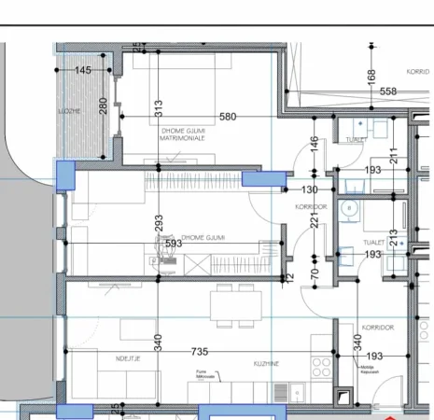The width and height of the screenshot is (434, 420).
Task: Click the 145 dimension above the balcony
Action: click(x=83, y=71)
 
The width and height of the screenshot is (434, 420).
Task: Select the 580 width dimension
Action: click(x=228, y=117)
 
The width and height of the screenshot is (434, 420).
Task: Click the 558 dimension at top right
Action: click(x=388, y=91)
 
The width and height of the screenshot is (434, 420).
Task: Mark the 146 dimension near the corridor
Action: click(x=315, y=144)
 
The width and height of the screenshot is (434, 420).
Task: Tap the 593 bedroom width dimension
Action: click(x=173, y=244)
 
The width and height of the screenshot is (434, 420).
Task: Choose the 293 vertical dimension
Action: click(x=159, y=222)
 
